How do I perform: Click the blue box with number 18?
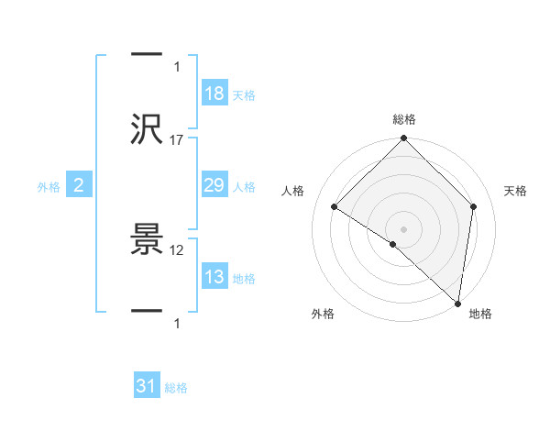click(214, 94)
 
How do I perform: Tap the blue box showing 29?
click(214, 185)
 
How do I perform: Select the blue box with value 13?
click(214, 277)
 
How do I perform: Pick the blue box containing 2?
click(79, 185)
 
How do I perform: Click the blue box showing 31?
click(147, 387)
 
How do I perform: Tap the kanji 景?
click(148, 240)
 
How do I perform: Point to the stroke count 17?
click(177, 139)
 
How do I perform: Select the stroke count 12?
click(177, 249)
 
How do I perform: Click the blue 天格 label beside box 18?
click(244, 94)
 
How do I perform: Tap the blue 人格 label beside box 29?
click(244, 186)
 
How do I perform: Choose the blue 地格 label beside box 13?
click(244, 278)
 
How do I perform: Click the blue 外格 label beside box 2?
click(49, 186)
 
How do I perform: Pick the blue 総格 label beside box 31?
click(176, 388)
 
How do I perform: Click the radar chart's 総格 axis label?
click(403, 119)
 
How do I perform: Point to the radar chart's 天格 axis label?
click(515, 191)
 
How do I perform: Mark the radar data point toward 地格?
click(457, 302)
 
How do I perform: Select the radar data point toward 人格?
click(335, 207)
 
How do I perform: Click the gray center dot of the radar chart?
click(403, 228)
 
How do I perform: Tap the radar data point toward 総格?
click(403, 139)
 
